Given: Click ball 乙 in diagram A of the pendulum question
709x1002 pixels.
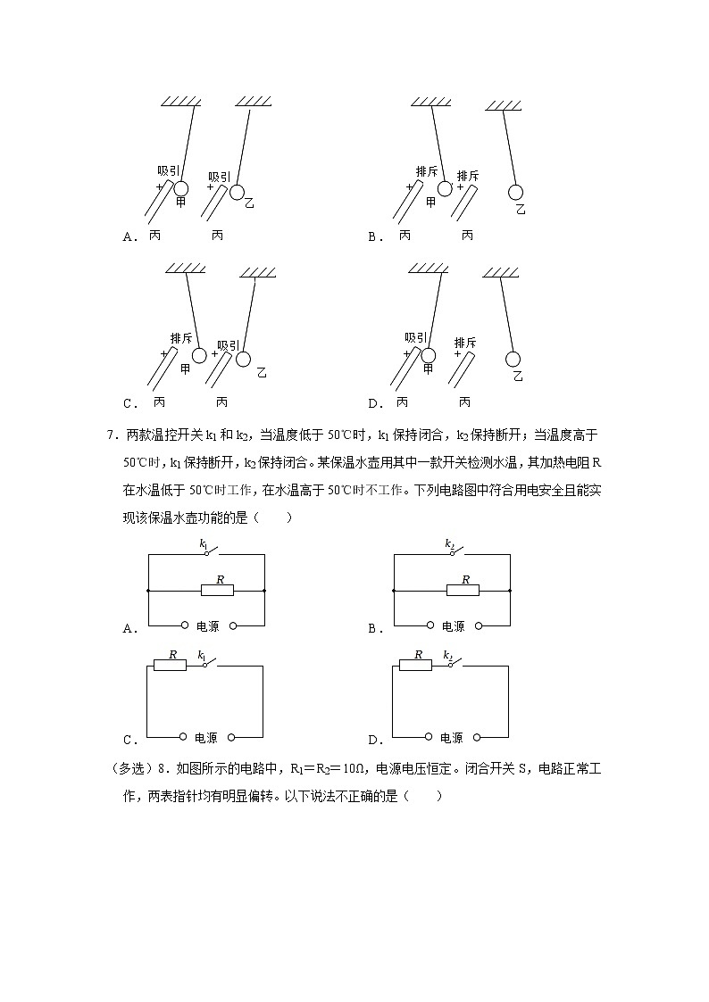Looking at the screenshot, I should tap(238, 192).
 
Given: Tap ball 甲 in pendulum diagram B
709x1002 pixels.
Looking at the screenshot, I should tap(444, 188).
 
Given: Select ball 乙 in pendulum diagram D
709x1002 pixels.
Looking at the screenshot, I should tap(513, 359).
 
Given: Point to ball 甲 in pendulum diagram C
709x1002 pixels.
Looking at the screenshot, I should tap(200, 355).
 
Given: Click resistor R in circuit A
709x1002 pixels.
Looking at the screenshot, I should tap(217, 590).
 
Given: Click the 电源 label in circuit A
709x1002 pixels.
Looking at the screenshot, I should tap(208, 626).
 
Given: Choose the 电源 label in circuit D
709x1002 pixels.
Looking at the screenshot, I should tap(452, 738).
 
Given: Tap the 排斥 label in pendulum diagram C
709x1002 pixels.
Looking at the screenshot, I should tap(181, 337).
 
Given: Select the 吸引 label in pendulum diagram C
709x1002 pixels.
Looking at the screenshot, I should tap(229, 345).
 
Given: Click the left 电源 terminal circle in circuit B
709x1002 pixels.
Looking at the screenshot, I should tap(430, 625).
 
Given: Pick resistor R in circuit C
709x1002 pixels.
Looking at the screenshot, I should tap(171, 665).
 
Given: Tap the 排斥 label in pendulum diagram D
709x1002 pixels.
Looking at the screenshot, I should tap(465, 343).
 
